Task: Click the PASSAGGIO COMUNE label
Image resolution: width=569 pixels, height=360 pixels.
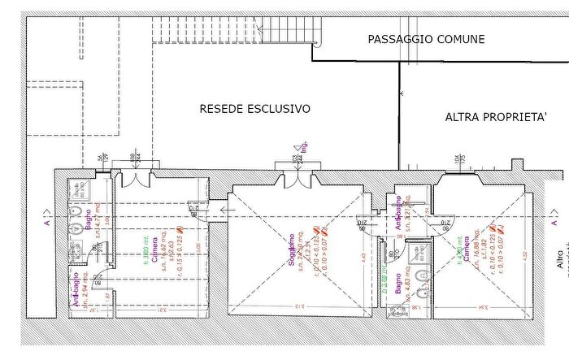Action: (x=426, y=39)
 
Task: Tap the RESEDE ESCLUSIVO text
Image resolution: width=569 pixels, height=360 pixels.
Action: (x=255, y=108)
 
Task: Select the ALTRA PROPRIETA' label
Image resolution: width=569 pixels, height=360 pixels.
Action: (x=495, y=117)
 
